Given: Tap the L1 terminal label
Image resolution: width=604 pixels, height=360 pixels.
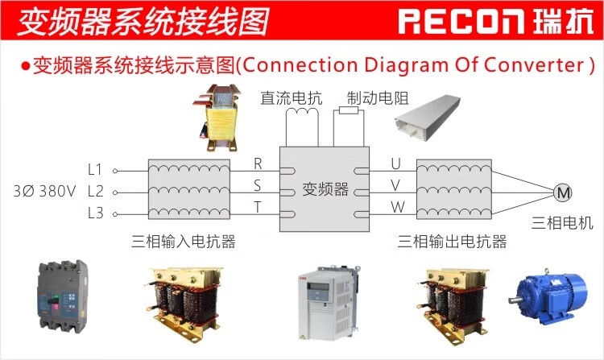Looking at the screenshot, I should (x=95, y=169).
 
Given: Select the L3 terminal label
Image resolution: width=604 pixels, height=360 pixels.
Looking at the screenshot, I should (x=95, y=213).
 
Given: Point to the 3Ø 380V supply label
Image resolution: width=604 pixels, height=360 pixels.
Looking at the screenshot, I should (x=44, y=192).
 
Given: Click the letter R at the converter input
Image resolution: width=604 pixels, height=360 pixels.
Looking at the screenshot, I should (x=258, y=163).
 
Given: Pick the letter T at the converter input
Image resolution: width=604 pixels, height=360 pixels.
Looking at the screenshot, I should (x=258, y=206).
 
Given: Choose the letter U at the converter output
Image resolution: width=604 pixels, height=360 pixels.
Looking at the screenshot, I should (x=395, y=163).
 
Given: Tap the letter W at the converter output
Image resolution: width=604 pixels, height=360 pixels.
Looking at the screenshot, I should (x=396, y=207).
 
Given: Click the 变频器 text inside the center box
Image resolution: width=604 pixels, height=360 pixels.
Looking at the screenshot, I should (x=325, y=190).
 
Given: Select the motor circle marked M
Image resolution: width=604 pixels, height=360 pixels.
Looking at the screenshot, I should (x=562, y=192).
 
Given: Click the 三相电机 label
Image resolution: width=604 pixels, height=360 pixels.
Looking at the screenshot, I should (x=562, y=222).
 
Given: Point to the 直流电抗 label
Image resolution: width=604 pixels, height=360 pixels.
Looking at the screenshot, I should (x=291, y=99).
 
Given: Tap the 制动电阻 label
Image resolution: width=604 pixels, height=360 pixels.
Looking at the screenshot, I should (x=377, y=99).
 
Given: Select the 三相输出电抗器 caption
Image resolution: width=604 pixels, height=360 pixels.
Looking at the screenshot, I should (x=453, y=242).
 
